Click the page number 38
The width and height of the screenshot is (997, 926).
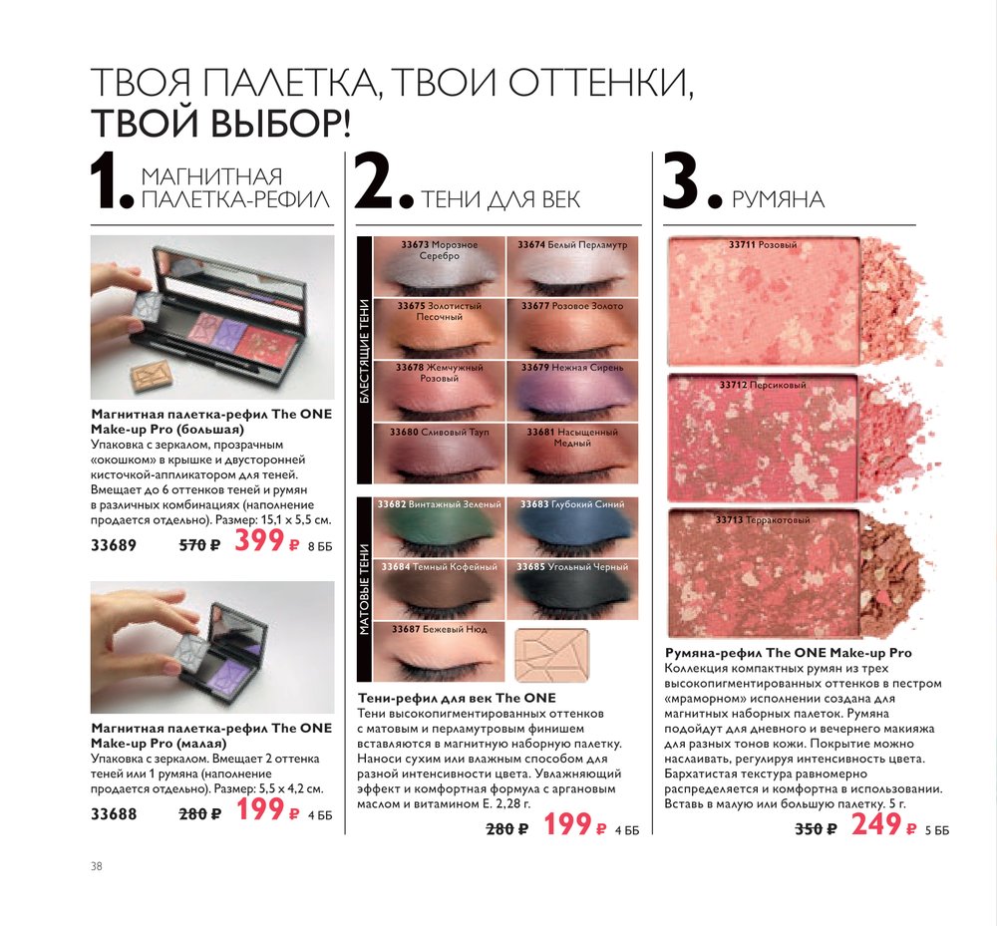(x=97, y=866)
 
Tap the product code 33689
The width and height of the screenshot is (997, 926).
(x=114, y=545)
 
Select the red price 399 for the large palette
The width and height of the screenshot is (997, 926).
(x=259, y=540)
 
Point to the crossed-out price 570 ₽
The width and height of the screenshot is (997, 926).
(x=199, y=545)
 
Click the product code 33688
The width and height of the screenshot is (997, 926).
(x=114, y=814)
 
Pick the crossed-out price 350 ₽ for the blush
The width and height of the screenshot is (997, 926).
(x=816, y=828)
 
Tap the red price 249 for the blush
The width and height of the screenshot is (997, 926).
(x=876, y=824)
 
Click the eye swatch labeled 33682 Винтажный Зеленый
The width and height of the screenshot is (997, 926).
(x=440, y=527)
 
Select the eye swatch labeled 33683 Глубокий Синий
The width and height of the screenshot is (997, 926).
(x=572, y=527)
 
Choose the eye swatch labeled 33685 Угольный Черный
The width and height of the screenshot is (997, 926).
(x=572, y=589)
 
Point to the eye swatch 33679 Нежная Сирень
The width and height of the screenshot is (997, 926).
(x=572, y=390)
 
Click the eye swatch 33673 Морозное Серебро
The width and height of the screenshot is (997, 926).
(x=440, y=266)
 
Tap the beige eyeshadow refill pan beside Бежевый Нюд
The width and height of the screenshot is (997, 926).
(x=552, y=654)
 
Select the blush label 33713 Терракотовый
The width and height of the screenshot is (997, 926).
(x=763, y=520)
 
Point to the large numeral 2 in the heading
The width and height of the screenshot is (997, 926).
(x=373, y=180)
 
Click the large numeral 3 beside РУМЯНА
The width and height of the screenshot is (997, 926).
(x=681, y=180)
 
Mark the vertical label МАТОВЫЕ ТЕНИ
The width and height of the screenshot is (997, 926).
(x=364, y=589)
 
